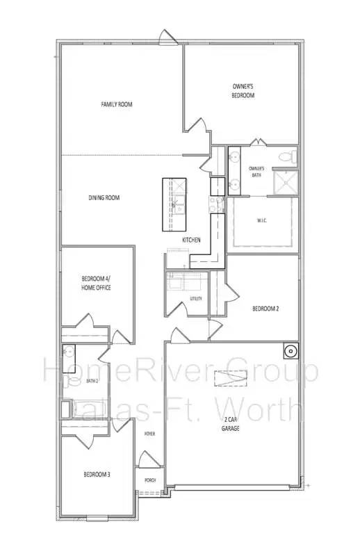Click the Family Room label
click(116, 104)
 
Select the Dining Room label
click(104, 198)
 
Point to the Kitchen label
click(191, 240)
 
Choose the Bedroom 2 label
click(265, 308)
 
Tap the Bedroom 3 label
click(97, 475)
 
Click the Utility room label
click(195, 299)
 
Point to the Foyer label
click(149, 434)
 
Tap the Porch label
click(150, 480)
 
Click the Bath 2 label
click(92, 382)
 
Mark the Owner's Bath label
click(256, 171)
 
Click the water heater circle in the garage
click(290, 349)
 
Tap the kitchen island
click(174, 204)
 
